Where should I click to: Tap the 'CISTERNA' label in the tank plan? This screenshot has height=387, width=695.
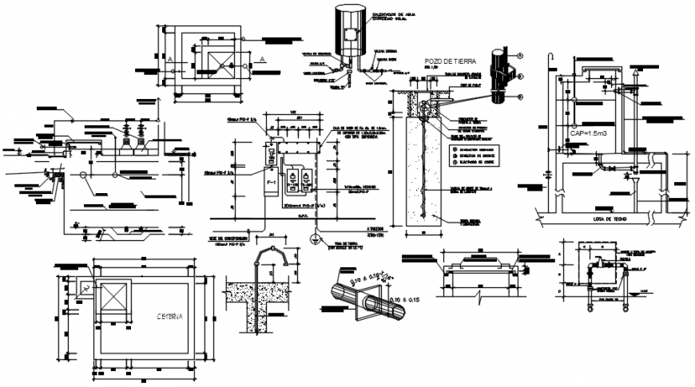166,317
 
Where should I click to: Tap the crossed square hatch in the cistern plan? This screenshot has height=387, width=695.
111,299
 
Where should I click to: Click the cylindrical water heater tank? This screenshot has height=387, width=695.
349,32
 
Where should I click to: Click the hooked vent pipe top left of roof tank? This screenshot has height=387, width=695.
548,57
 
